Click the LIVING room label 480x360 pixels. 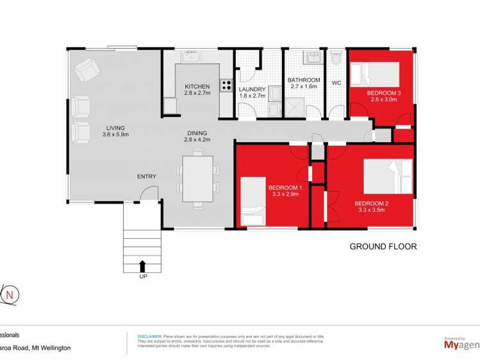[115, 131]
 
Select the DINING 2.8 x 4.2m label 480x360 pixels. [197, 136]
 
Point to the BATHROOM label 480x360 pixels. [304, 82]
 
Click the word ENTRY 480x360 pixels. [146, 177]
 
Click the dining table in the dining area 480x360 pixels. [197, 179]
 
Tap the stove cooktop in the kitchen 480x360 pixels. [226, 84]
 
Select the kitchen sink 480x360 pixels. [191, 58]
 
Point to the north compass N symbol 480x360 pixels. [10, 295]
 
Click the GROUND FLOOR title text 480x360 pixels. [383, 247]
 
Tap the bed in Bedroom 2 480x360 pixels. [387, 176]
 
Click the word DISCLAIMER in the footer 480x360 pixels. [149, 336]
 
